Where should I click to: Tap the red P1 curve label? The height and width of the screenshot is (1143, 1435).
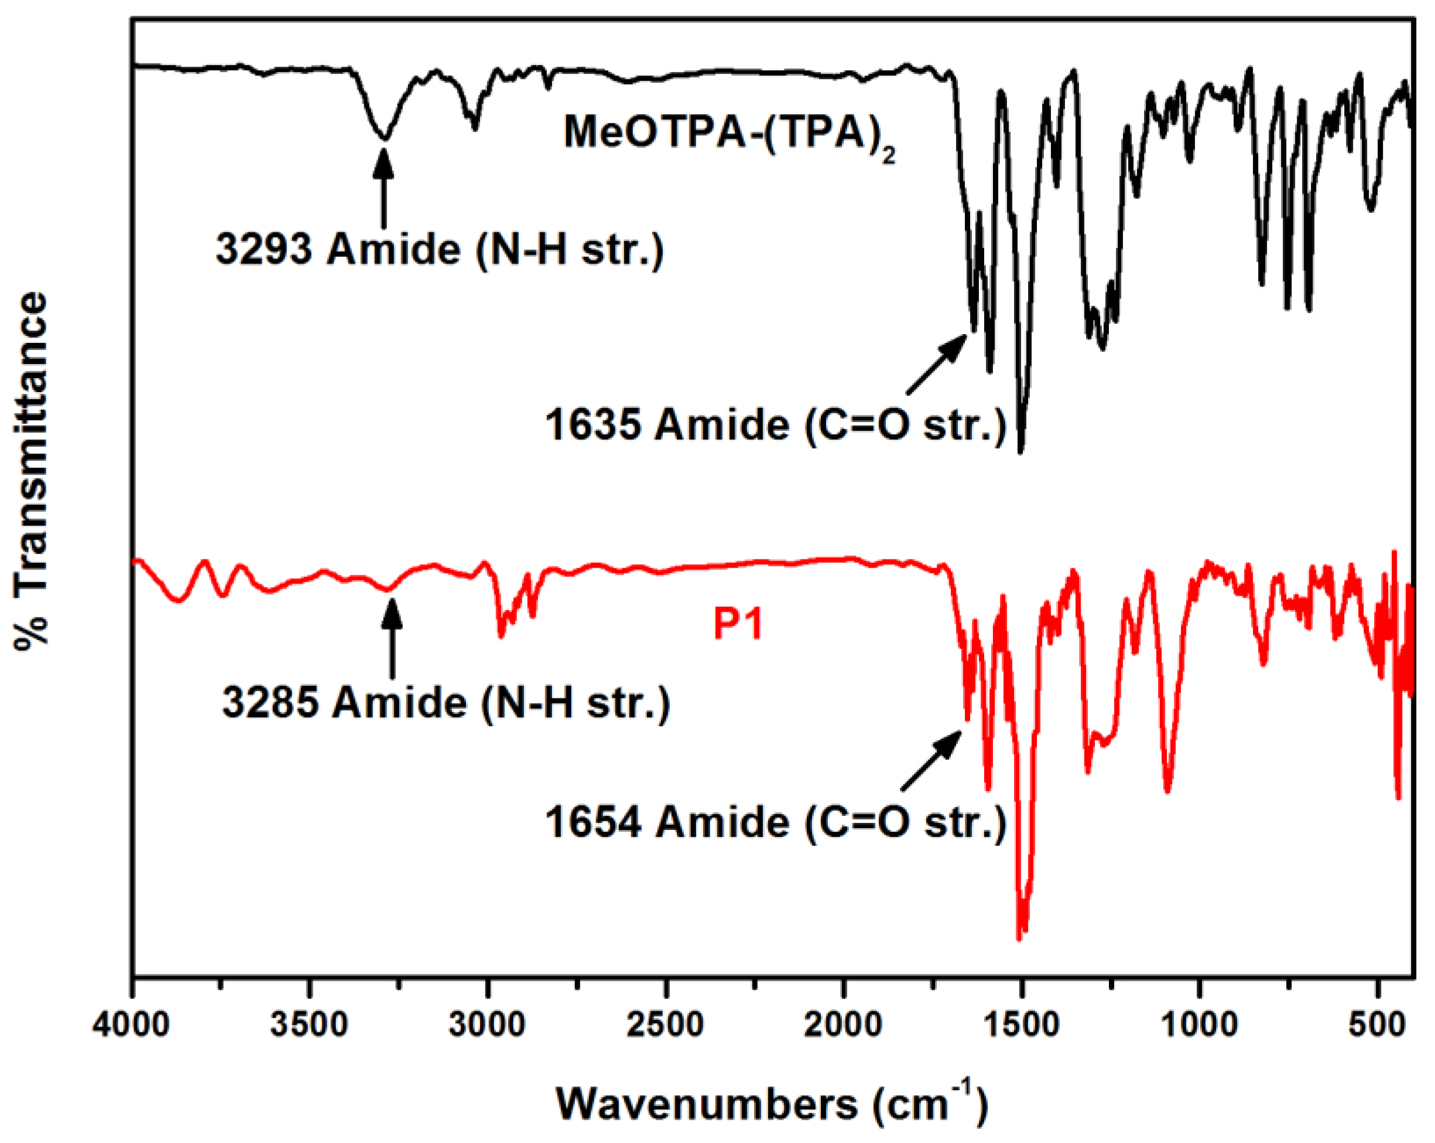pos(738,624)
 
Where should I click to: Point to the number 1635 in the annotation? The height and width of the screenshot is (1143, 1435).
pos(594,424)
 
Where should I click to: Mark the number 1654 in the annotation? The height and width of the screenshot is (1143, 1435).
pos(594,822)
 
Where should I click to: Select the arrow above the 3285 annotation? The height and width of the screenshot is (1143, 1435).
pos(392,638)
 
